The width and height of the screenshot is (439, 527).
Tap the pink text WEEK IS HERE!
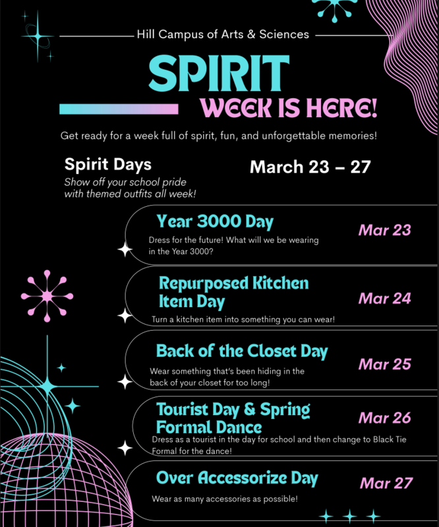[x=289, y=107]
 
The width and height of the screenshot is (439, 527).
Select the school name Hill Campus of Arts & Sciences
[x=222, y=34]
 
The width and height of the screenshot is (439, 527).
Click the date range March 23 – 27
[x=309, y=167]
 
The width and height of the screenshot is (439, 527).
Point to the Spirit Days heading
[x=107, y=164]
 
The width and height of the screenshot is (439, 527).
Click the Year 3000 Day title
[x=215, y=221]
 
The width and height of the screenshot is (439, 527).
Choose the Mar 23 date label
[x=384, y=230]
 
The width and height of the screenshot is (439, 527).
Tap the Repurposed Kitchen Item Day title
[x=233, y=292]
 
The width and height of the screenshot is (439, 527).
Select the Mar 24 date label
[x=384, y=298]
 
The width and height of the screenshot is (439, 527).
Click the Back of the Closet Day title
[x=241, y=351]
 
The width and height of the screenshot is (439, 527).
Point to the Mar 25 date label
[x=384, y=364]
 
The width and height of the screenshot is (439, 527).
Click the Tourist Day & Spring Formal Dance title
[x=233, y=418]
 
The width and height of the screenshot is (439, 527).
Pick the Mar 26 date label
[x=384, y=418]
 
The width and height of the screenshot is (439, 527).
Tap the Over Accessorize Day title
[x=237, y=478]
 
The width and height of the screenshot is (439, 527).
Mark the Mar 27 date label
[x=386, y=483]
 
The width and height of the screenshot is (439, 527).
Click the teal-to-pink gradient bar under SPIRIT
[x=119, y=109]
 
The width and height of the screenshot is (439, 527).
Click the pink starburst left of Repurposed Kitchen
[x=47, y=296]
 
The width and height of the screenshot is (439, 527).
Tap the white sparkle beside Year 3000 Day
[x=125, y=250]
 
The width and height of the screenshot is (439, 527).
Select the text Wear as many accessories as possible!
[x=225, y=499]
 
